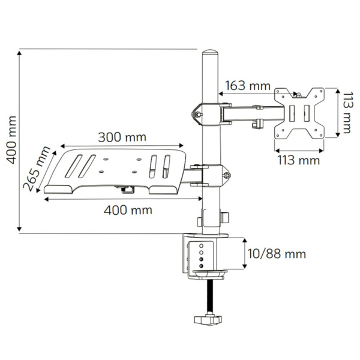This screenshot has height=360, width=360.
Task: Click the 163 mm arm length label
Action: tap(248, 85)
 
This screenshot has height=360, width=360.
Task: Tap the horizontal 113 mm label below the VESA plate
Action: tap(298, 160)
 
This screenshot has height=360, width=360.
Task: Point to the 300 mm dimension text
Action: tap(122, 137)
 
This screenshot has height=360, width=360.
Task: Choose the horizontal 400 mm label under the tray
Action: tap(127, 209)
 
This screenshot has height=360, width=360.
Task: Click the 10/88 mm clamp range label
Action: tap(278, 254)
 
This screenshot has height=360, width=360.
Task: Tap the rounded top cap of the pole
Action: tap(211, 58)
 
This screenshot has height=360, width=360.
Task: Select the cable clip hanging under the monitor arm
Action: tap(257, 123)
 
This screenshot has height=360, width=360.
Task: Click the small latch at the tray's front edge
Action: tap(126, 190)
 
